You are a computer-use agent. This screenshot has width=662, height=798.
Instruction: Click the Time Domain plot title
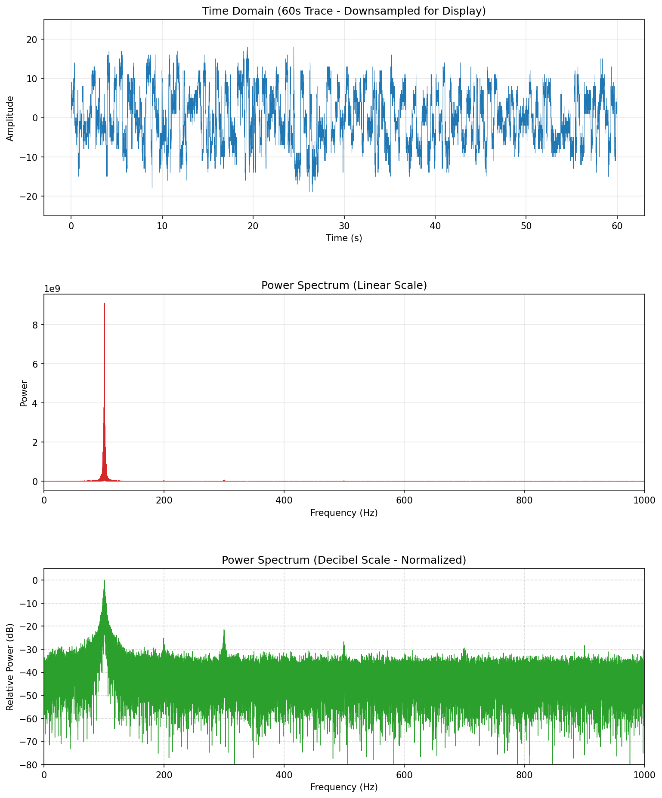click(x=344, y=11)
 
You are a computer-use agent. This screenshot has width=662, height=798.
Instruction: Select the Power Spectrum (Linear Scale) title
click(x=344, y=285)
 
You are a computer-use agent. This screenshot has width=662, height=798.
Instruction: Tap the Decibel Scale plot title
click(x=344, y=560)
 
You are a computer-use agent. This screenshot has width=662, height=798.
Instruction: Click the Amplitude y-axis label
click(x=10, y=118)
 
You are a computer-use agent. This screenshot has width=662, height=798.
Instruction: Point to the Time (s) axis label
click(x=344, y=238)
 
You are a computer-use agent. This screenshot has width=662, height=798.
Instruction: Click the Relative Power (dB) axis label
click(x=10, y=666)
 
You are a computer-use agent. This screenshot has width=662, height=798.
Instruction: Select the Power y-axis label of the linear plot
click(x=24, y=393)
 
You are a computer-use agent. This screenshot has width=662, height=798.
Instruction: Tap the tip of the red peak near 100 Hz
click(x=104, y=304)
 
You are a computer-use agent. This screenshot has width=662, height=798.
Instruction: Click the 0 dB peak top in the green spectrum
click(x=104, y=580)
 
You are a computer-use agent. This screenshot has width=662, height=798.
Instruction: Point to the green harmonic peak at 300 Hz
click(x=224, y=631)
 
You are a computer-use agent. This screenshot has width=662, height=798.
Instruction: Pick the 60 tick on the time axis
click(x=617, y=226)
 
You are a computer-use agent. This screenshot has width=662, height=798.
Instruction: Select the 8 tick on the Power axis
click(x=36, y=325)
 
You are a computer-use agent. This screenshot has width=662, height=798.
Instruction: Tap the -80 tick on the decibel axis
click(x=30, y=764)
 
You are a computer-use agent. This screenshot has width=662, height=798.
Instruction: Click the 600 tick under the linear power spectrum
click(x=404, y=500)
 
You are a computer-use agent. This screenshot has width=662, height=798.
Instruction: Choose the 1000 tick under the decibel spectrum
click(x=644, y=775)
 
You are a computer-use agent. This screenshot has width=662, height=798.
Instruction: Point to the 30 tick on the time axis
click(x=344, y=226)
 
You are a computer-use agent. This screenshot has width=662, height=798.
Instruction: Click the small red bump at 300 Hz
click(x=224, y=480)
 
